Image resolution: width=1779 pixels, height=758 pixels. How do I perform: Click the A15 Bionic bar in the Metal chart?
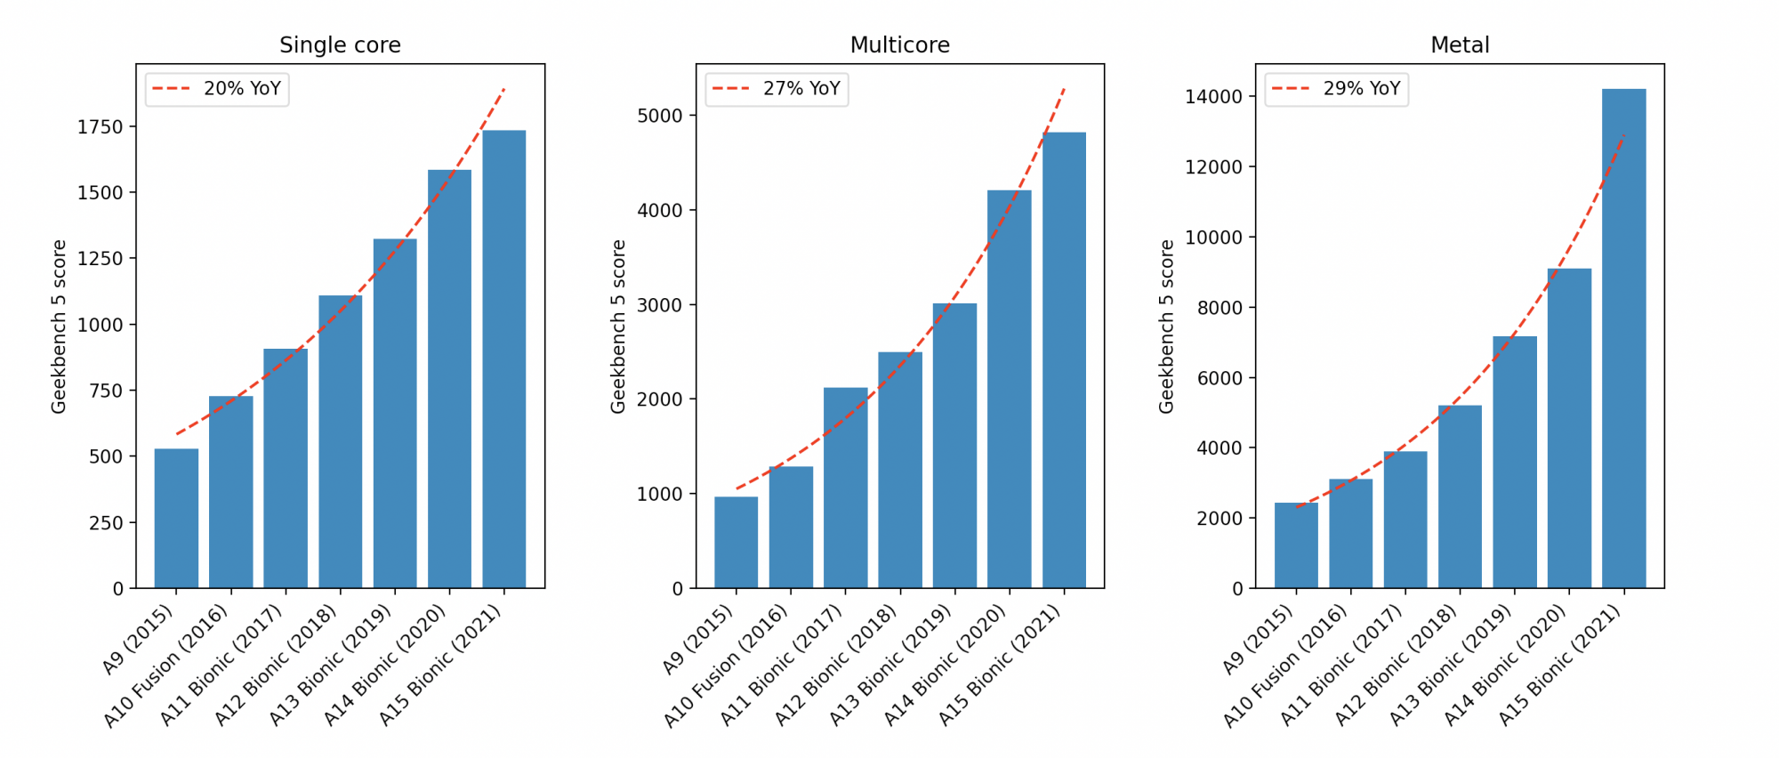click(1623, 338)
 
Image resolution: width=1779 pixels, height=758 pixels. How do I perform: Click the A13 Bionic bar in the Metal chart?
click(1515, 462)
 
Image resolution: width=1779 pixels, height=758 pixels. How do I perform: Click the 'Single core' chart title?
click(340, 45)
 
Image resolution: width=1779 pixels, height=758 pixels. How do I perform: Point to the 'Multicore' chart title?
click(899, 45)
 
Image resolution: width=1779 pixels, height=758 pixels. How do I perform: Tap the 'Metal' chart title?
click(1460, 45)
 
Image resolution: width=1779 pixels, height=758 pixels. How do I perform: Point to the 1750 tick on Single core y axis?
click(100, 127)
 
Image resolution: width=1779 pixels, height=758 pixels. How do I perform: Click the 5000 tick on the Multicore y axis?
click(660, 117)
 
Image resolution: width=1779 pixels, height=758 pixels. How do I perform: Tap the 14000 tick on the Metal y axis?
click(1213, 97)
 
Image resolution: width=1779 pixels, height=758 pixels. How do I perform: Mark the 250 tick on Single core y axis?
click(106, 523)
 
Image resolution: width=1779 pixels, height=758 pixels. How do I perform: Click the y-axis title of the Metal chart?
click(1166, 326)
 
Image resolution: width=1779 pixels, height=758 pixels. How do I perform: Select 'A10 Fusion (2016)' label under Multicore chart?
click(726, 666)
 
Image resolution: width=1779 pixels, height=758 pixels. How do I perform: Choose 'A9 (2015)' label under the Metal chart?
click(1258, 640)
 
